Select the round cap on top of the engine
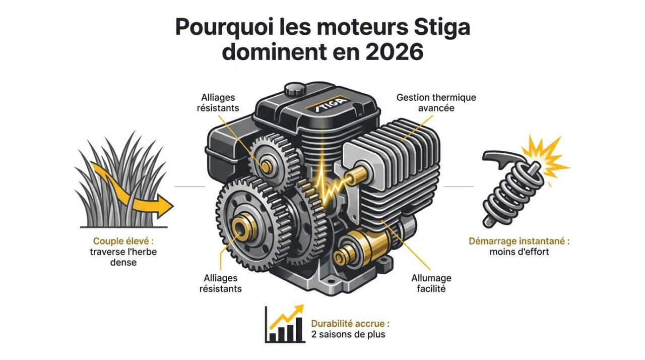click(296, 91)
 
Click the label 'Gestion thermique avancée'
click(436, 102)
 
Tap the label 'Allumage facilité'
click(431, 283)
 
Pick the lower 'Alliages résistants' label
click(220, 283)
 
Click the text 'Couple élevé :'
click(123, 242)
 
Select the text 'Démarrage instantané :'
click(519, 241)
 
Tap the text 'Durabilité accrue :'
click(350, 323)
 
